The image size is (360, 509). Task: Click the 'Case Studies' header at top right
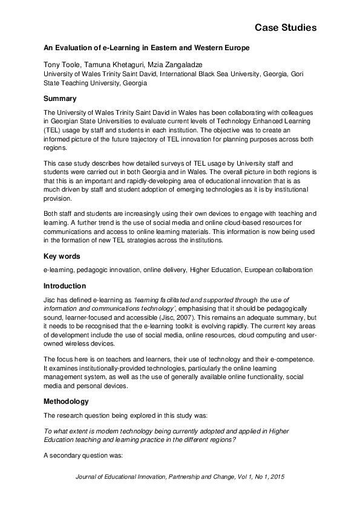click(x=285, y=28)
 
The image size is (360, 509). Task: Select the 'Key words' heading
click(x=62, y=256)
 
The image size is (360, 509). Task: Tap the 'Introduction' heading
click(x=65, y=285)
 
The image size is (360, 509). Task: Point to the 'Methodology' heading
click(x=66, y=401)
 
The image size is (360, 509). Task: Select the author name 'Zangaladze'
click(x=182, y=65)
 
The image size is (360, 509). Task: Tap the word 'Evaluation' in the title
click(x=77, y=47)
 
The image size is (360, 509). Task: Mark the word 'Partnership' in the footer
click(x=196, y=476)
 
